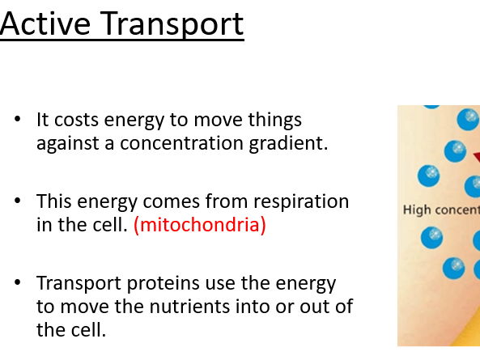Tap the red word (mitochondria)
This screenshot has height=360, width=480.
click(x=199, y=226)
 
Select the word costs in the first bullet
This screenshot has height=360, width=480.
click(x=74, y=121)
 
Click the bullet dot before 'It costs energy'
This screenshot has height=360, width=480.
click(x=19, y=121)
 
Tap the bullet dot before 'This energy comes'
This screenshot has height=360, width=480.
click(x=19, y=201)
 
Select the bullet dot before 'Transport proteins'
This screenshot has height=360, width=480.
click(x=19, y=284)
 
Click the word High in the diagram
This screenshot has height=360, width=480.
click(x=417, y=210)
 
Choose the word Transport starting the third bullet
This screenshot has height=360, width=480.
click(x=74, y=284)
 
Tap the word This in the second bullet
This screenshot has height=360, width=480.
click(x=53, y=201)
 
